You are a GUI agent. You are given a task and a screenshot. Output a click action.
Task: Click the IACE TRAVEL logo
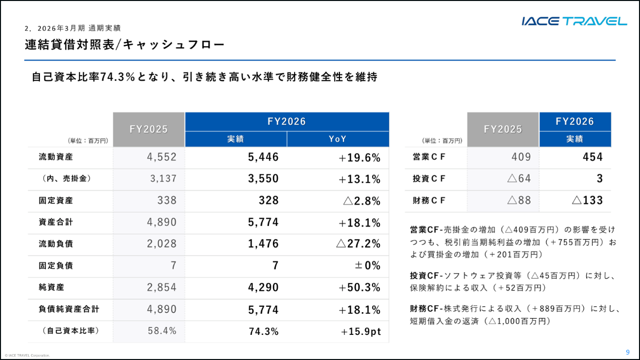574,21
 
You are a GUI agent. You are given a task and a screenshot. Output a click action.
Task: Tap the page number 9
628,352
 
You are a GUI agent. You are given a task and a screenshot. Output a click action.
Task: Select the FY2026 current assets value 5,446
263,157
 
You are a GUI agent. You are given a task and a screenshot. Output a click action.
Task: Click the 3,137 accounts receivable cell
164,178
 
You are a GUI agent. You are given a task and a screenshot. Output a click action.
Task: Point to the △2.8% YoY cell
362,201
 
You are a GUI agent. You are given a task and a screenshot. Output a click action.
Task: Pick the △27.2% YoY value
359,244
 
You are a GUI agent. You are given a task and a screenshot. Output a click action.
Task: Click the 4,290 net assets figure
263,287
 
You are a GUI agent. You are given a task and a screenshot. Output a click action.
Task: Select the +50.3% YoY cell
360,288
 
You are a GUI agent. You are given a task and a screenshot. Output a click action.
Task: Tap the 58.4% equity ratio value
162,330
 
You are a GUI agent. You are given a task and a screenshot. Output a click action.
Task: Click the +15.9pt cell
361,331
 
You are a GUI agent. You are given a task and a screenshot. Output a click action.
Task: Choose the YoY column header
337,139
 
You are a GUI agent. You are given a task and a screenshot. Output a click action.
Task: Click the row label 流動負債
56,244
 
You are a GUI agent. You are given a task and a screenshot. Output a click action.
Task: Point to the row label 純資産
51,287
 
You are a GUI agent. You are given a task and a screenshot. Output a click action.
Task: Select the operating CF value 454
593,157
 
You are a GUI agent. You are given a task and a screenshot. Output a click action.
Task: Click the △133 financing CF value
587,200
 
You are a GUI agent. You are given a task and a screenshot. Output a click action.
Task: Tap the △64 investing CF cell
519,178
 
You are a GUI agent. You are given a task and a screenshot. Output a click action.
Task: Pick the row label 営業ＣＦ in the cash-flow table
429,157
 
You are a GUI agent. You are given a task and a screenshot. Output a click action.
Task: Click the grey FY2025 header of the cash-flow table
503,130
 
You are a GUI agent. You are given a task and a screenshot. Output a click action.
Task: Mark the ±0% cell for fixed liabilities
368,265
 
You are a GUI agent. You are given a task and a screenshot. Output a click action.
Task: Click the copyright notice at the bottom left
27,356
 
